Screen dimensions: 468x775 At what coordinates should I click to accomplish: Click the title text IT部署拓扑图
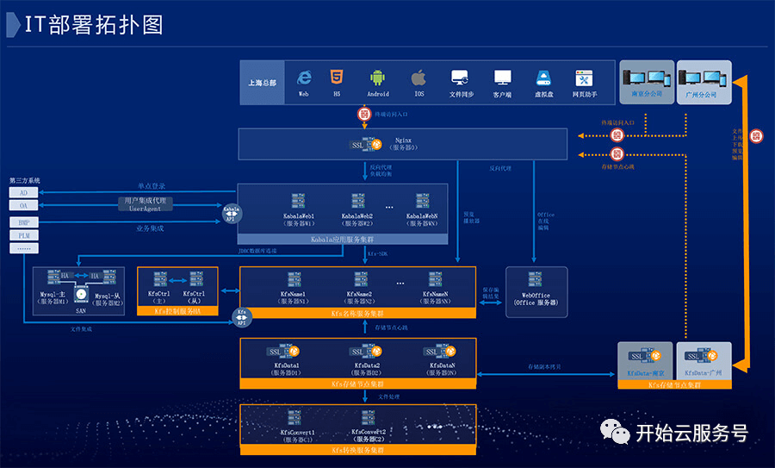(94, 25)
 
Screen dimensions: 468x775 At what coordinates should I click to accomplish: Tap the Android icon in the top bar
(377, 78)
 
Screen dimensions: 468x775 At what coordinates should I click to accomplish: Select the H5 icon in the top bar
(337, 78)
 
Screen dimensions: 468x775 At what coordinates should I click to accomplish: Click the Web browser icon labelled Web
(303, 78)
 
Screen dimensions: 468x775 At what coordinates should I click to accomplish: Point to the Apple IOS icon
(418, 78)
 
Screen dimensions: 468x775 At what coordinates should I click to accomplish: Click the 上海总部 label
(262, 83)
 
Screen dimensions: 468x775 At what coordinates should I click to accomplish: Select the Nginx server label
(403, 142)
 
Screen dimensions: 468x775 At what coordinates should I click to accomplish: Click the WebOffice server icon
(536, 279)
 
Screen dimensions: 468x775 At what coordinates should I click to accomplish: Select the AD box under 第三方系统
(24, 193)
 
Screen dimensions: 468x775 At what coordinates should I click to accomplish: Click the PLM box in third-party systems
(24, 234)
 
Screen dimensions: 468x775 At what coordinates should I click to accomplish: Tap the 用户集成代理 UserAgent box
(145, 203)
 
